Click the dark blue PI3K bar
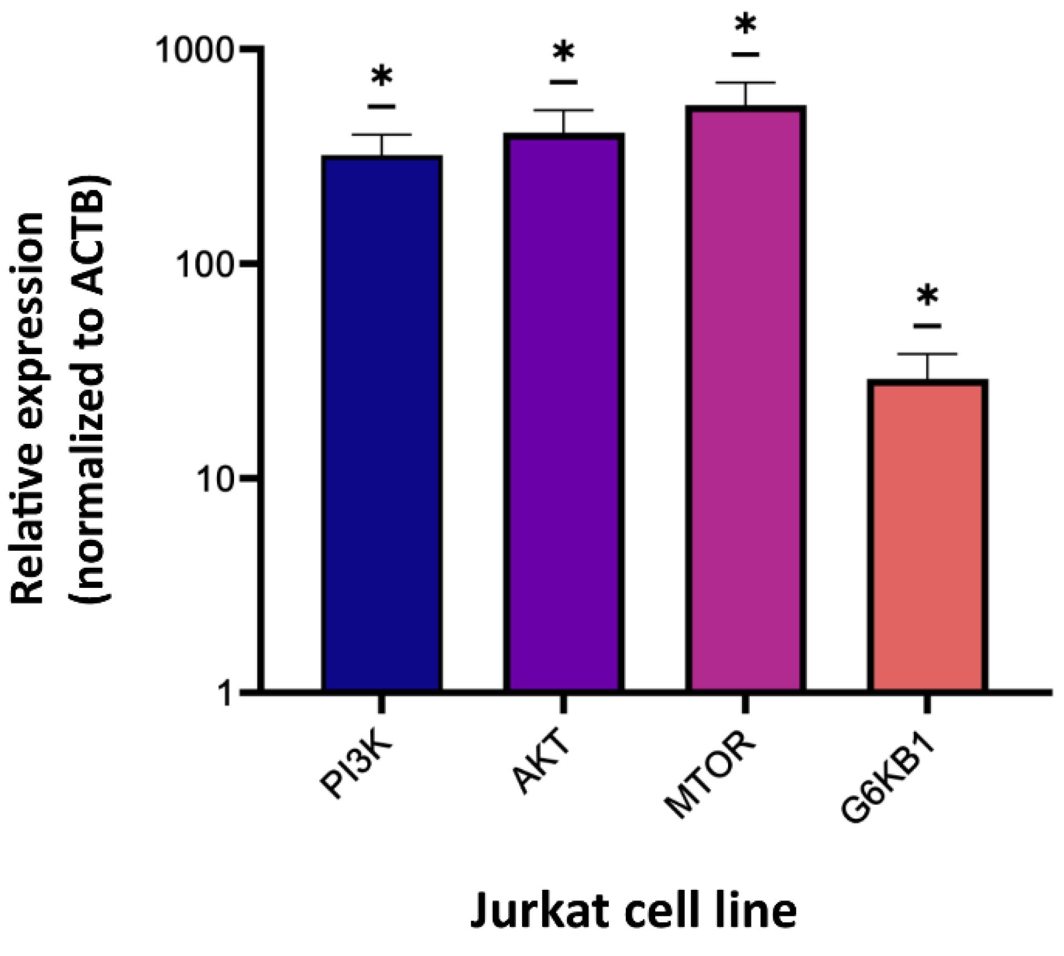[382, 423]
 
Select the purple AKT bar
[563, 412]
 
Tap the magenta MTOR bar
[745, 398]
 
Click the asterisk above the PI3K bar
[382, 77]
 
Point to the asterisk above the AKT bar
[563, 53]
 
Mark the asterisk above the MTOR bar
[745, 24]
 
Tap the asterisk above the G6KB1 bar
[927, 296]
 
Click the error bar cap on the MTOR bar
[745, 82]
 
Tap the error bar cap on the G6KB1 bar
[927, 354]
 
